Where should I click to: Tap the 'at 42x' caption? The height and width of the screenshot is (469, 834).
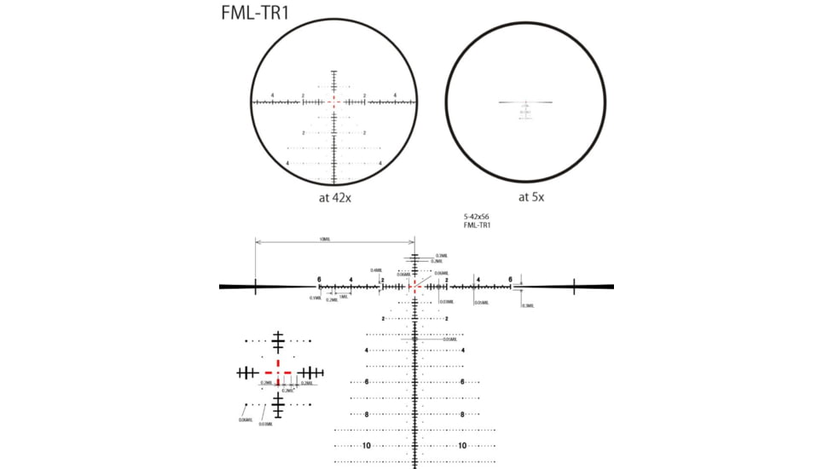pos(333,196)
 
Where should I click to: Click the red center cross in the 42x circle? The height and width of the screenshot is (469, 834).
pos(333,101)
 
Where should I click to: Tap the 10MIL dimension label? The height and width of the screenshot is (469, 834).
pos(325,240)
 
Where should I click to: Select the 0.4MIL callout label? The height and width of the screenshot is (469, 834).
pos(376,270)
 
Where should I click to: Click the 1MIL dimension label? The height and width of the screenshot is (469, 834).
pos(344,296)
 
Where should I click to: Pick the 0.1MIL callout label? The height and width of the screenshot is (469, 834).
pos(316,298)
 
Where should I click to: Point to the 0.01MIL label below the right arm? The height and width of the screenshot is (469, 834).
pos(481,302)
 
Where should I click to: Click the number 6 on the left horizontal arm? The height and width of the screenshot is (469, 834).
pos(319,279)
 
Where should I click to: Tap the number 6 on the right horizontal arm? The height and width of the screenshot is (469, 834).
pos(510,279)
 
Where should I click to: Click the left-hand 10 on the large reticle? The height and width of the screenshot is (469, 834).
pos(367,445)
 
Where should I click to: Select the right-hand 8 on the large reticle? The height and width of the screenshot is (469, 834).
pos(462,414)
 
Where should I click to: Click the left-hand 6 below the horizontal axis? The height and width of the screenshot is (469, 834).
pos(367,382)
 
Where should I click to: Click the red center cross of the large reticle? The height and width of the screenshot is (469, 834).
pos(414,287)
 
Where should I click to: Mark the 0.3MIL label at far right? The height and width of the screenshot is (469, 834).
pos(529,305)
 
